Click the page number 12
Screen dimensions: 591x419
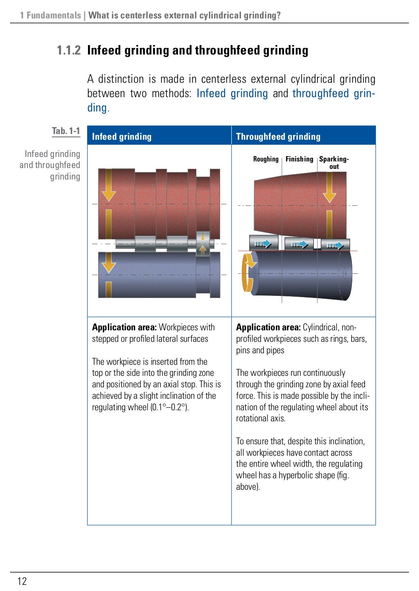point(22,581)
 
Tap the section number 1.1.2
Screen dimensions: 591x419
point(69,50)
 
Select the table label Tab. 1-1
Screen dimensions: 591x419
point(66,131)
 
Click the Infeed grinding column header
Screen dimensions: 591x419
point(122,137)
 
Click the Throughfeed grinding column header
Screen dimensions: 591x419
point(278,137)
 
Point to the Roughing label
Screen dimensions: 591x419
point(266,159)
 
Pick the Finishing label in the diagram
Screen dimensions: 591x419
point(299,159)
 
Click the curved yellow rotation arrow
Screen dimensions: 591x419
point(247,273)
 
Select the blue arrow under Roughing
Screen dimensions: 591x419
point(263,244)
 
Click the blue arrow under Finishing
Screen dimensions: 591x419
point(299,245)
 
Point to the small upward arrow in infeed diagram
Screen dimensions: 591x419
point(203,250)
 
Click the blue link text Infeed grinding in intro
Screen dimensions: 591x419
point(232,93)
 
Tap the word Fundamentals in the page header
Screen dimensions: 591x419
point(54,16)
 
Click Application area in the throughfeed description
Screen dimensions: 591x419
point(268,327)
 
